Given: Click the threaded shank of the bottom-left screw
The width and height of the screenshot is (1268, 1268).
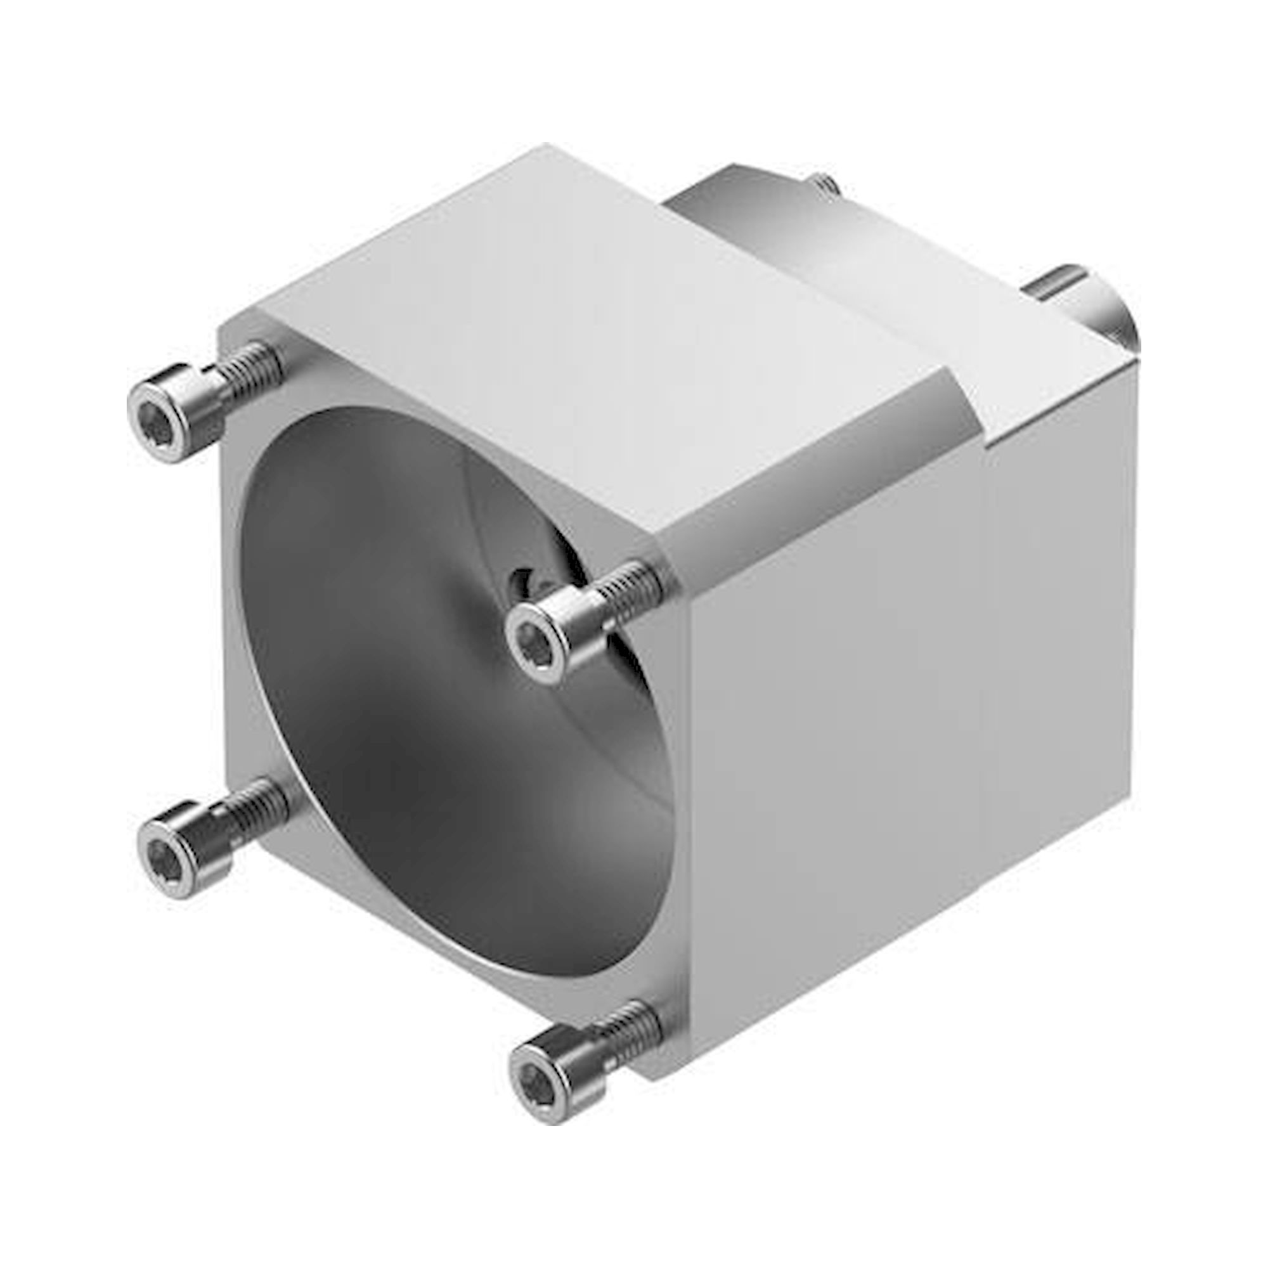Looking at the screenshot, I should [259, 808].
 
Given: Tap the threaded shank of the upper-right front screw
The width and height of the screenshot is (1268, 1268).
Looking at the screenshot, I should [627, 588].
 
